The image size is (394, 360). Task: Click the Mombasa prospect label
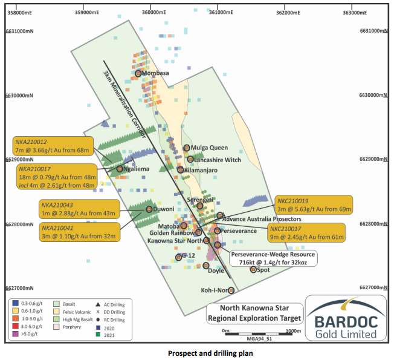pyautogui.click(x=156, y=73)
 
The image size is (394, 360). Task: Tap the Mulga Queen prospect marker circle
pyautogui.click(x=187, y=148)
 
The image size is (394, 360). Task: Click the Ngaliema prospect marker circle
pyautogui.click(x=120, y=169)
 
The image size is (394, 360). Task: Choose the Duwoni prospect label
pyautogui.click(x=163, y=209)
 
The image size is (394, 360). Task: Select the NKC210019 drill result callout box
pyautogui.click(x=312, y=205)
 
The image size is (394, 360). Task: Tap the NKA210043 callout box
pyautogui.click(x=79, y=209)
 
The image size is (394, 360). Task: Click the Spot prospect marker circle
pyautogui.click(x=254, y=270)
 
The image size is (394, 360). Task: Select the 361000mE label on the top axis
pyautogui.click(x=218, y=12)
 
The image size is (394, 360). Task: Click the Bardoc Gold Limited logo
pyautogui.click(x=344, y=318)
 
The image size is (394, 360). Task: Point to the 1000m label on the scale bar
pyautogui.click(x=292, y=331)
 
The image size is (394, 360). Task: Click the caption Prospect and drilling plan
pyautogui.click(x=196, y=352)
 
